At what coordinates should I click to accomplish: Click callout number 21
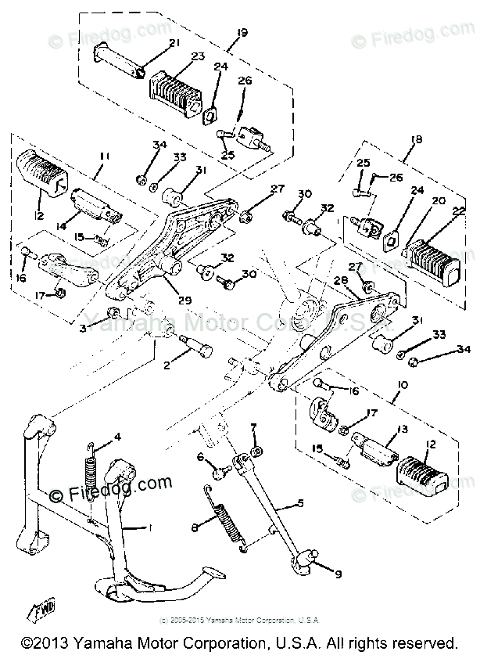174,42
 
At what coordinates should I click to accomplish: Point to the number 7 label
253,426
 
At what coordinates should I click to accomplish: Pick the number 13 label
381,429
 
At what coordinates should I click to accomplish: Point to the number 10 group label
403,385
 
